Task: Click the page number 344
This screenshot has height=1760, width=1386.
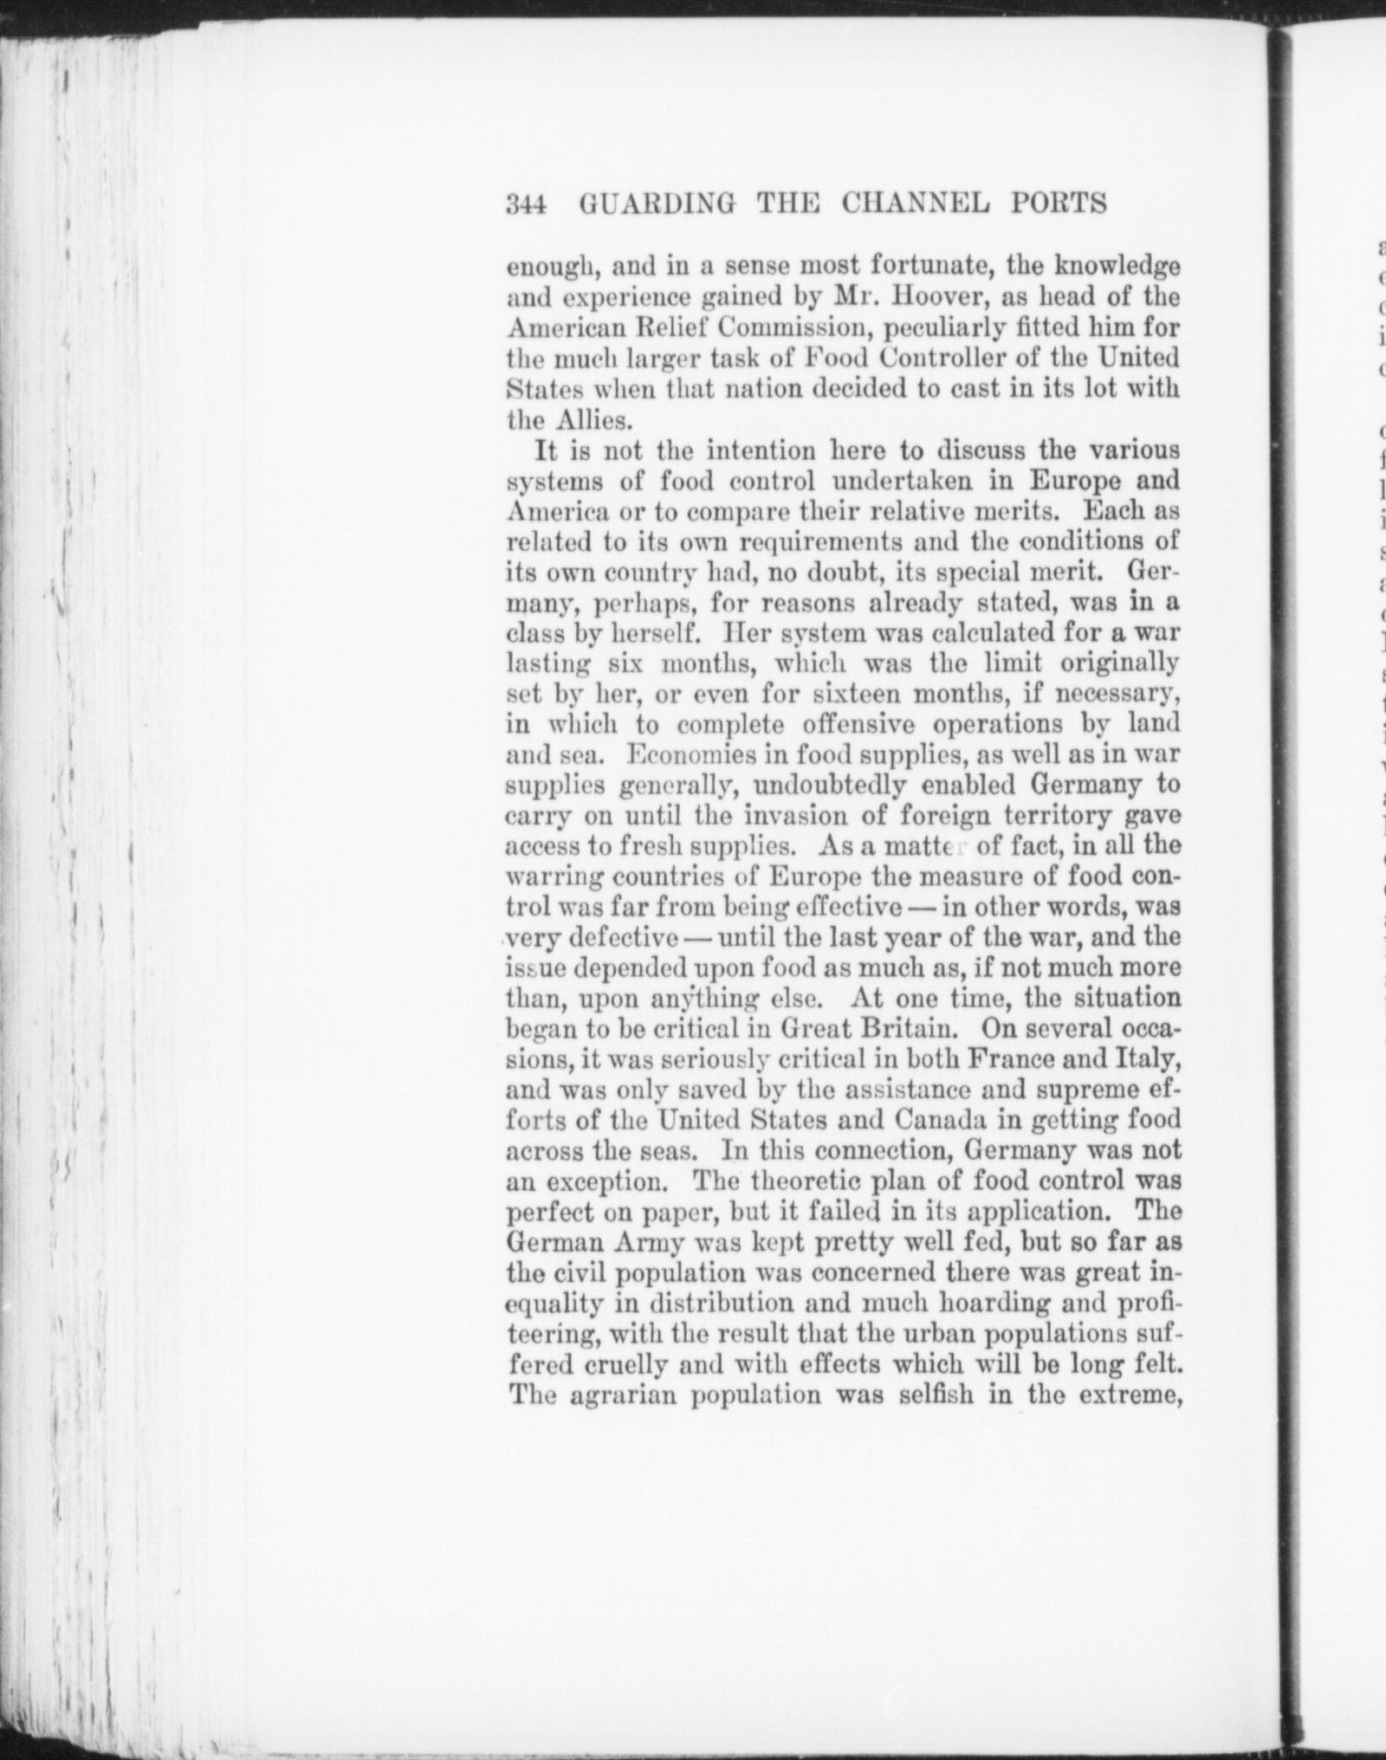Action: pyautogui.click(x=525, y=204)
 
